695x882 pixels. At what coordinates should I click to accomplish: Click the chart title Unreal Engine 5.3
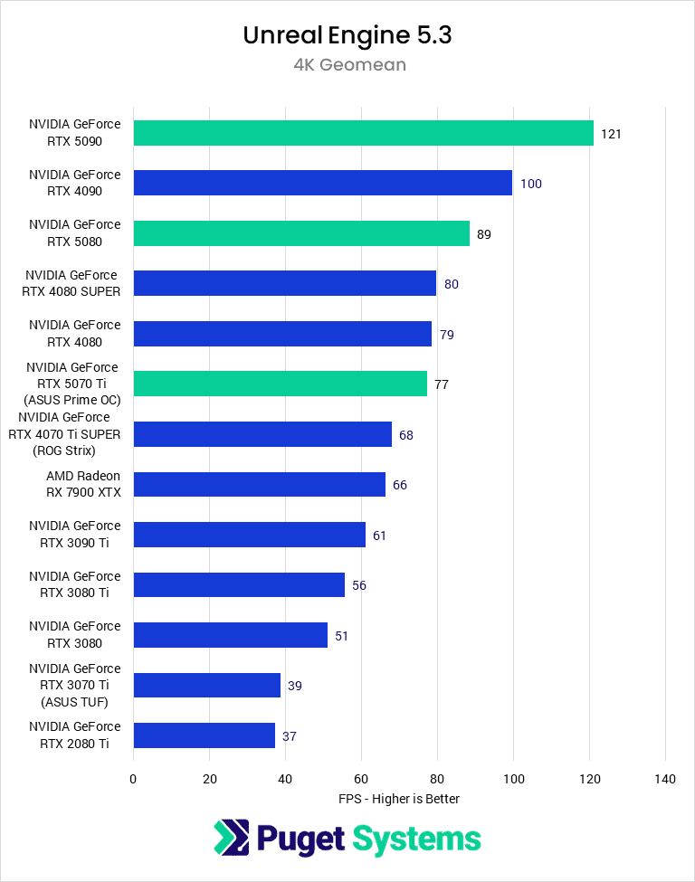click(347, 35)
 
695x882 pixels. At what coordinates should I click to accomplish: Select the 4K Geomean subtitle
click(347, 65)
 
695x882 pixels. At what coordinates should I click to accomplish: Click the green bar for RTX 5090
click(363, 133)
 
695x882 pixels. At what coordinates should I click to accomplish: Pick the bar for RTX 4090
click(322, 184)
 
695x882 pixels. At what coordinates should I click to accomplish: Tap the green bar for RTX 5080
click(301, 233)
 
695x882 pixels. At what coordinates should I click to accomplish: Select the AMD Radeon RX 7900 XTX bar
click(259, 485)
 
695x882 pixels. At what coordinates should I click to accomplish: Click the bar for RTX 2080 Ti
click(204, 735)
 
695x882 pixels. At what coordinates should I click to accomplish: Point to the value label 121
click(611, 134)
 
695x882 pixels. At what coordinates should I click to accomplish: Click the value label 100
click(531, 184)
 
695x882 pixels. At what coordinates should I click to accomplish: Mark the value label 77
click(442, 384)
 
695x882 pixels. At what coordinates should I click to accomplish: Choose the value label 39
click(295, 686)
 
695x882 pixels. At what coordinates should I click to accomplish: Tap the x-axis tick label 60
click(361, 779)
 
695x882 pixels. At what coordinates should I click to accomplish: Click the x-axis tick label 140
click(665, 779)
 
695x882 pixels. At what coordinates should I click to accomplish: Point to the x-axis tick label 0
click(133, 779)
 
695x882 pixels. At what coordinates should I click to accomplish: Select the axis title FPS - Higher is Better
click(399, 799)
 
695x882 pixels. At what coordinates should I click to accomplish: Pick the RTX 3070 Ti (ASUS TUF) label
click(74, 685)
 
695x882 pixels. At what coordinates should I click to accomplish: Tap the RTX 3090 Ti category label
click(74, 535)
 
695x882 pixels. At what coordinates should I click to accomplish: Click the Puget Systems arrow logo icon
click(232, 838)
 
